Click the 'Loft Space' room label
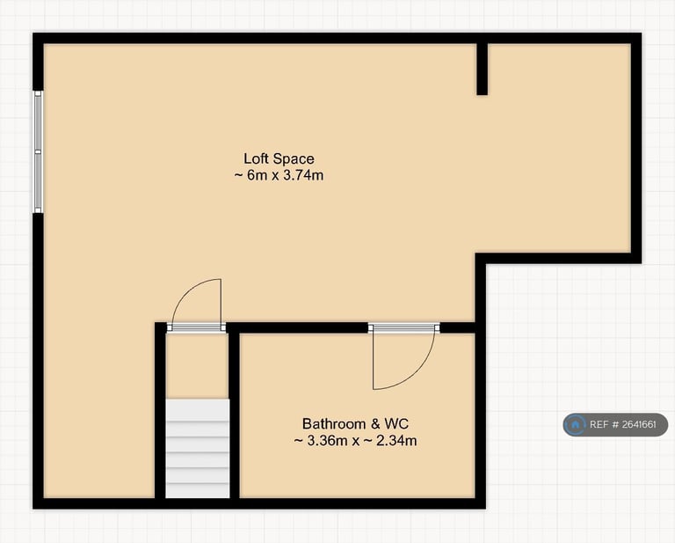pyautogui.click(x=279, y=158)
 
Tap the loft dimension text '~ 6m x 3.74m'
pyautogui.click(x=279, y=175)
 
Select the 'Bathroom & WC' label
pyautogui.click(x=355, y=423)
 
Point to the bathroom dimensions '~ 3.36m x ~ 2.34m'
pyautogui.click(x=355, y=440)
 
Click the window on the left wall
pyautogui.click(x=38, y=150)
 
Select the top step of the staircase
pyautogui.click(x=198, y=409)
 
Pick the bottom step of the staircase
pyautogui.click(x=198, y=490)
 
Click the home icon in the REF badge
pyautogui.click(x=576, y=425)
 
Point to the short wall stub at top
pyautogui.click(x=482, y=68)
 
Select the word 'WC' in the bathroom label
pyautogui.click(x=397, y=423)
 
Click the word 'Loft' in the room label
pyautogui.click(x=257, y=158)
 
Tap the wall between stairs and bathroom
pyautogui.click(x=234, y=414)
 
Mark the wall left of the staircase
pyautogui.click(x=161, y=414)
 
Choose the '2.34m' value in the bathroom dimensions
pyautogui.click(x=396, y=440)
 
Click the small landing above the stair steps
pyautogui.click(x=198, y=365)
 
